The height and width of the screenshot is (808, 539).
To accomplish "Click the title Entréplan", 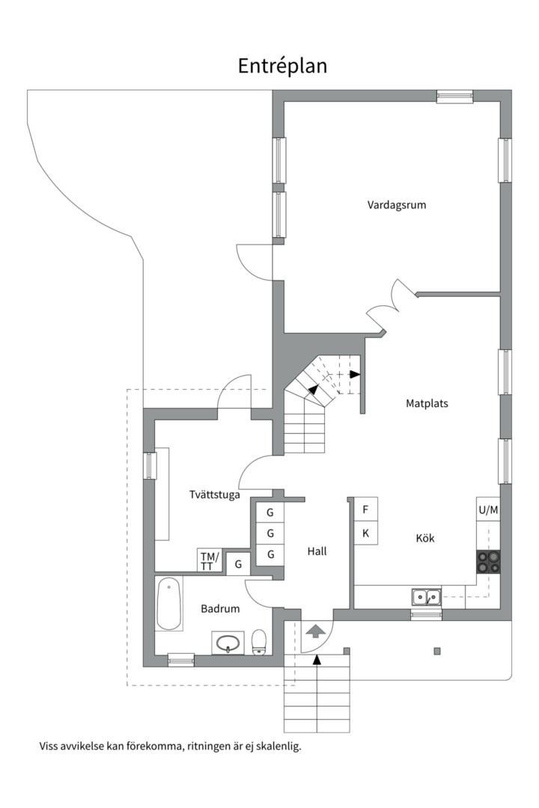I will click(282, 66).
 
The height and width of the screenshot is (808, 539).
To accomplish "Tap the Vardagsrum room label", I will click(396, 204).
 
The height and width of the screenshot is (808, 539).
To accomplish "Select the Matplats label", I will click(427, 403).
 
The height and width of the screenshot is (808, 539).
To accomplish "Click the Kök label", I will click(425, 538).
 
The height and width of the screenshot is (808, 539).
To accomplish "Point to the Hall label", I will click(317, 551).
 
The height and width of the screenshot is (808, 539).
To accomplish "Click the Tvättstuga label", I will click(214, 495).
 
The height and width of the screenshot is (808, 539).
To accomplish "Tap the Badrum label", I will click(220, 609).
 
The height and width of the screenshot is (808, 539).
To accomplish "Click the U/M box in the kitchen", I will click(488, 510).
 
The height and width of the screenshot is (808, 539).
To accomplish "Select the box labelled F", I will click(365, 509).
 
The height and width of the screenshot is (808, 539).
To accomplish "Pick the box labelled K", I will click(365, 533).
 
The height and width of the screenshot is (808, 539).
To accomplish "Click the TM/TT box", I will click(210, 560).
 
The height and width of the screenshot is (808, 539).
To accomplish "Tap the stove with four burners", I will click(489, 561).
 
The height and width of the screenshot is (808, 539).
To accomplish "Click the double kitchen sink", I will click(426, 596).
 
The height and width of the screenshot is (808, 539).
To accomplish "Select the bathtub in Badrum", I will click(169, 603).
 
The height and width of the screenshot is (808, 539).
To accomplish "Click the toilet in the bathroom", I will click(260, 640).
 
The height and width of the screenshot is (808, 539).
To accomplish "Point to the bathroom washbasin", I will click(228, 642).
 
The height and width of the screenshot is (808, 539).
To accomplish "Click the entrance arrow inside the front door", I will click(315, 631).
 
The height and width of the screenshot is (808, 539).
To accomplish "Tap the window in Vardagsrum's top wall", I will click(454, 96).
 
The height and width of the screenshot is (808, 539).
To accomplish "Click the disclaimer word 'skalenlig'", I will click(276, 746).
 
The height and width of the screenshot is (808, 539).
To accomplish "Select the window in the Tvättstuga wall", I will click(149, 465).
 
